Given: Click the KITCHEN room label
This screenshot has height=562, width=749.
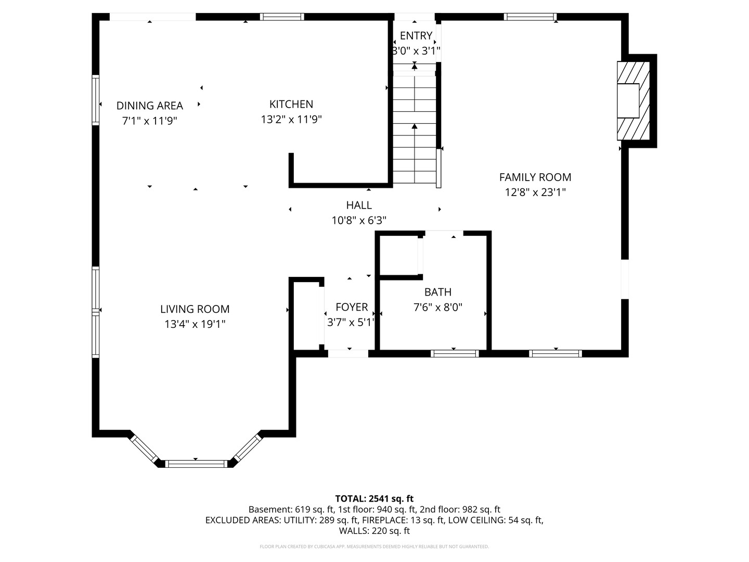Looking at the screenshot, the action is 291,104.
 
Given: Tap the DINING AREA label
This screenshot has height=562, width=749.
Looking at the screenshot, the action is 150,106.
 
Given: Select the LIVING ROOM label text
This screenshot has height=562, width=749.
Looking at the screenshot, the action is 195,309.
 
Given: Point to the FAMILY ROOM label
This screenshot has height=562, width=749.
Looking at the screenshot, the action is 535,177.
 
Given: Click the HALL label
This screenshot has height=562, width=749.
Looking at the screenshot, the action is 359,206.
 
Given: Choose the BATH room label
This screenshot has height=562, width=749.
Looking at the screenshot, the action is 438,292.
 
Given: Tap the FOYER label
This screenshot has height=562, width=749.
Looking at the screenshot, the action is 352,307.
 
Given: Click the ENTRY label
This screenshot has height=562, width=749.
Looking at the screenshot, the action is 416,35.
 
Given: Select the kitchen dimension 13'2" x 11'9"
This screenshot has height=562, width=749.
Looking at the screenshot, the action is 291,120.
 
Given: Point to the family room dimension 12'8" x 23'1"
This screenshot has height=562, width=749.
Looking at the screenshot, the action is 535,193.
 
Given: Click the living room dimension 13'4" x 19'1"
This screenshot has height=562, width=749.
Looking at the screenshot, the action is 195,324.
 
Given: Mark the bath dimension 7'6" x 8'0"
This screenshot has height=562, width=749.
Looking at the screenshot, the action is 438,308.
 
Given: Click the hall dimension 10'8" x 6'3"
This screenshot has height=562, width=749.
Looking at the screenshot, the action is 359,221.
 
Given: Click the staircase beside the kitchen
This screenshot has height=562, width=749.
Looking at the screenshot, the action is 415,130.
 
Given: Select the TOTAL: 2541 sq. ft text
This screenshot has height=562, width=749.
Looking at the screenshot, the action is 374,499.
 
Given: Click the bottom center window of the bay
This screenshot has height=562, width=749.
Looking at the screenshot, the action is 196,464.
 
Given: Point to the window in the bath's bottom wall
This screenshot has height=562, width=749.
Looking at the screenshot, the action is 455,353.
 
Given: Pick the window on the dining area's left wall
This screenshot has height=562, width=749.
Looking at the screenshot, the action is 96,100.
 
